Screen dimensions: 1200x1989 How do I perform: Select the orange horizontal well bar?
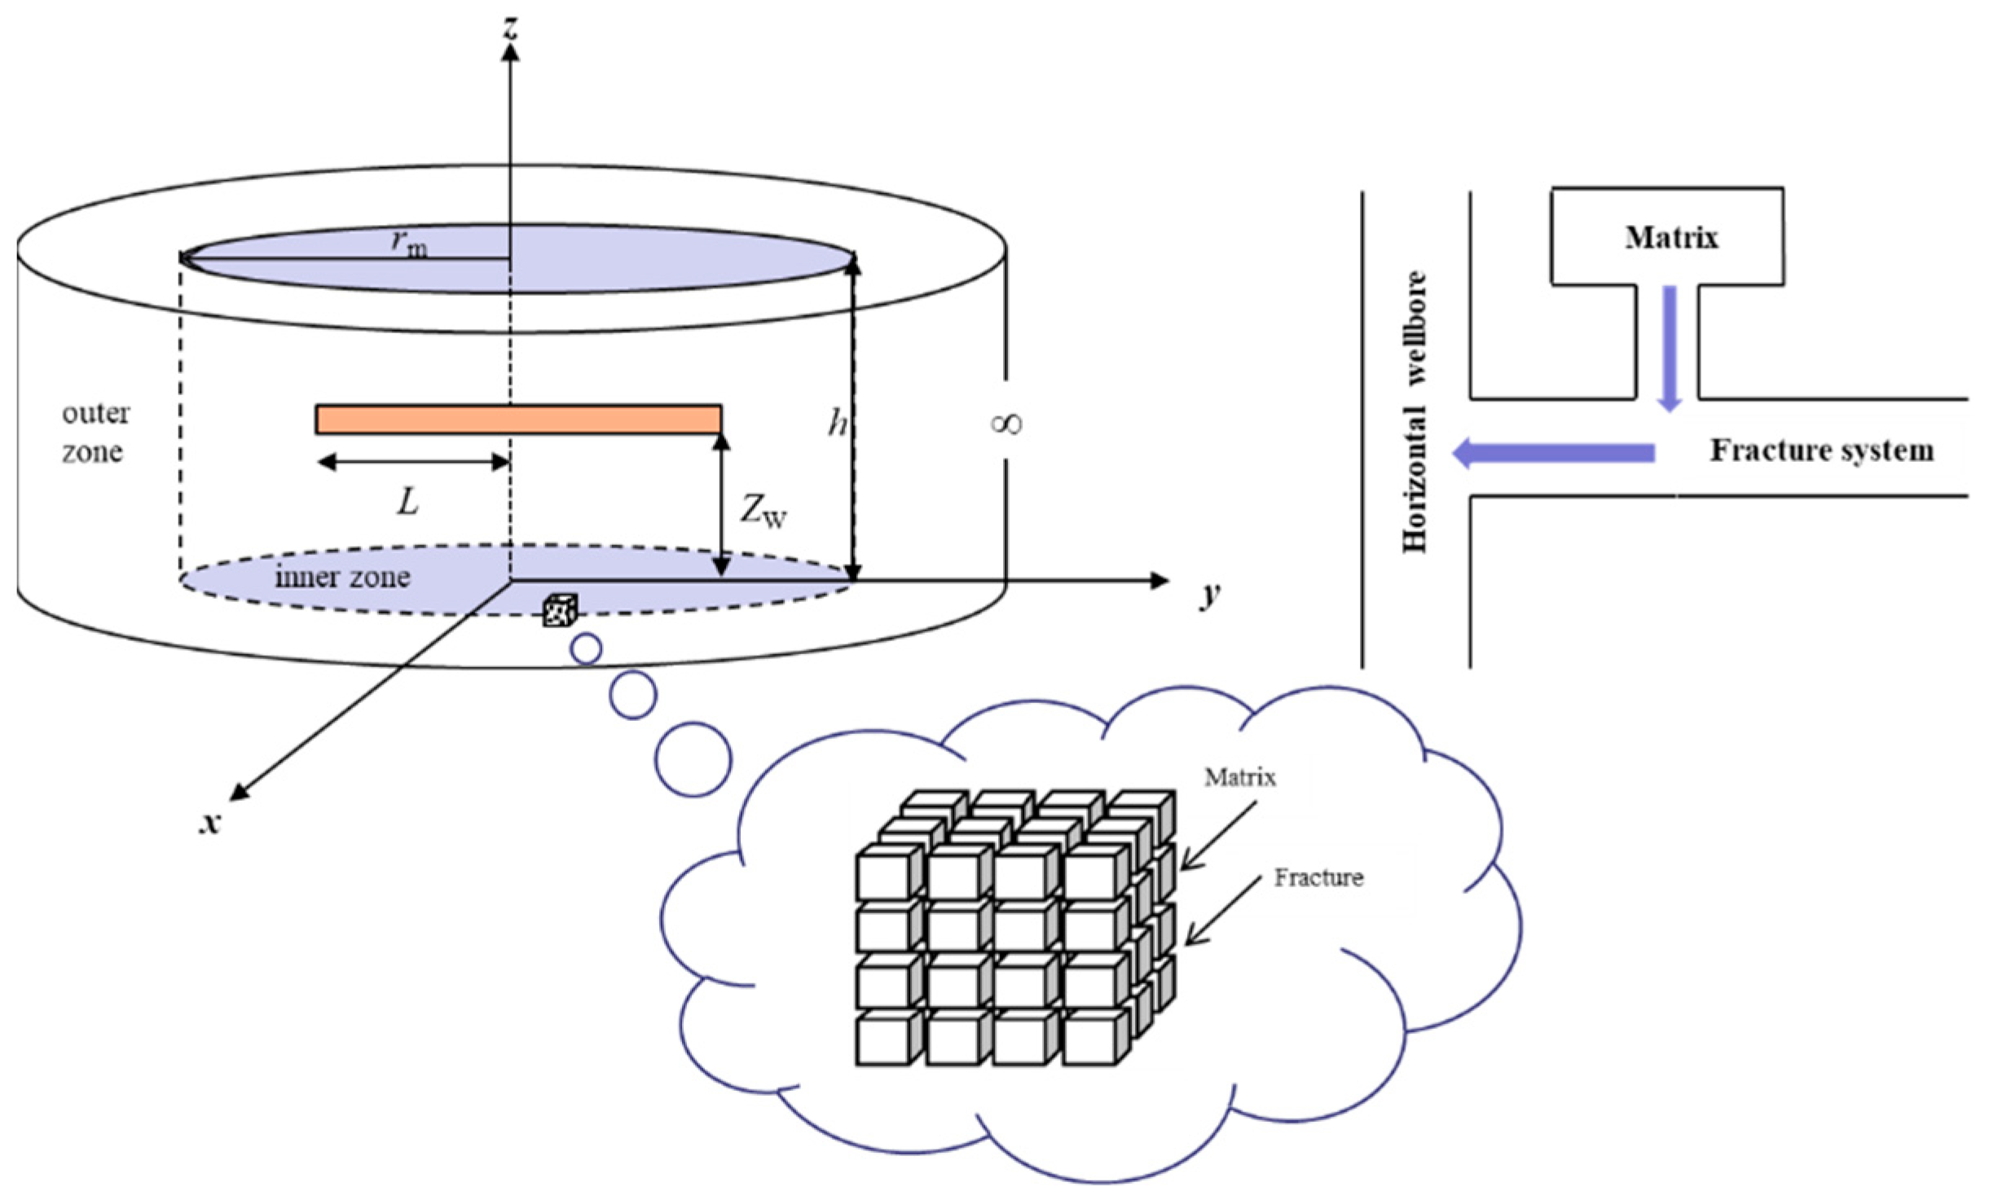click(518, 419)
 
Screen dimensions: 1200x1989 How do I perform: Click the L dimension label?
click(407, 503)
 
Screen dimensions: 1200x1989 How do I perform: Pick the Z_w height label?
click(763, 512)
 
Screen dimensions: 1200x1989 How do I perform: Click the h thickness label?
click(837, 423)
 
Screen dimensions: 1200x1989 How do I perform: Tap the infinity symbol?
click(1006, 423)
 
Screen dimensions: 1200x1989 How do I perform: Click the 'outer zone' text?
click(95, 432)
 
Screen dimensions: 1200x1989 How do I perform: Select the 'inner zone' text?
click(342, 577)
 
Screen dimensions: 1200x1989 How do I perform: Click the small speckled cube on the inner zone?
click(561, 610)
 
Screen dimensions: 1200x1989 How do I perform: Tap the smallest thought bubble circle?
click(587, 649)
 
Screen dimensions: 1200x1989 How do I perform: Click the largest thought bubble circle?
click(693, 759)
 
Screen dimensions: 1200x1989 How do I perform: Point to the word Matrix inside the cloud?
click(1240, 777)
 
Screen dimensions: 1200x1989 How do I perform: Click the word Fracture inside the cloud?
click(1318, 877)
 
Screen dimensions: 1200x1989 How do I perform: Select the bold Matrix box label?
click(1671, 237)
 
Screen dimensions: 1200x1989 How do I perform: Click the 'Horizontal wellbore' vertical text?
click(1415, 412)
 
